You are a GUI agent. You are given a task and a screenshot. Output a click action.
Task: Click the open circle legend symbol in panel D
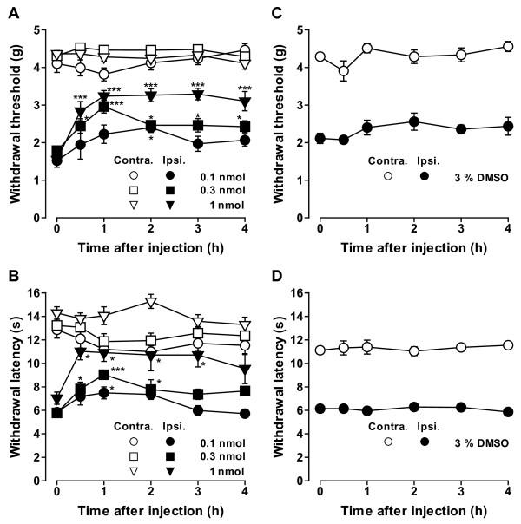point(388,442)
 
